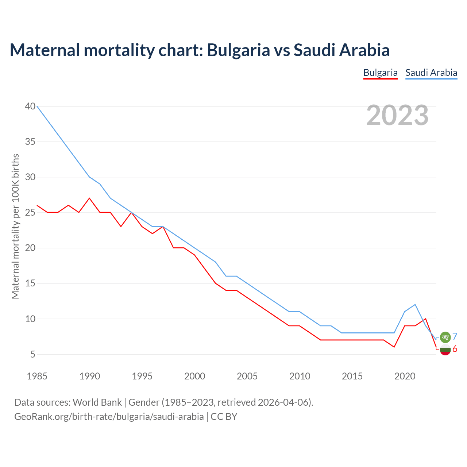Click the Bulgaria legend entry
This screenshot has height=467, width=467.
(x=380, y=73)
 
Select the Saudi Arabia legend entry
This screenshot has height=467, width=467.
(x=431, y=73)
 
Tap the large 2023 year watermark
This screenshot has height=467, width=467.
(x=397, y=115)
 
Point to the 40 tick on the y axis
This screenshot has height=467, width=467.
(x=30, y=106)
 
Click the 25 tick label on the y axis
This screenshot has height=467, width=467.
(x=30, y=212)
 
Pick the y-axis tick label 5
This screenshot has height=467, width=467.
(x=33, y=354)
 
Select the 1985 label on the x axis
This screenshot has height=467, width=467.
(x=37, y=376)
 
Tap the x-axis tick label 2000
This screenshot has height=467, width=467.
(x=194, y=376)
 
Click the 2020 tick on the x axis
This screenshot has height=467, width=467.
(x=405, y=376)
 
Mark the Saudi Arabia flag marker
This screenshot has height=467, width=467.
(x=445, y=337)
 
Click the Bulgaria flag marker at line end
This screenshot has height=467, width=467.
(x=445, y=350)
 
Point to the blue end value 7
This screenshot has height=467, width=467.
(x=455, y=336)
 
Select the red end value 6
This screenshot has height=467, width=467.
(x=455, y=349)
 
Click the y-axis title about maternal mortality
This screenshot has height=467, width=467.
(x=15, y=226)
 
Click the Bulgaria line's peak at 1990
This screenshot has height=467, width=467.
(x=89, y=198)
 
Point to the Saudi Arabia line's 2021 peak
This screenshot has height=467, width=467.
(x=415, y=304)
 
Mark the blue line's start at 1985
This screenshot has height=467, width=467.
(x=37, y=106)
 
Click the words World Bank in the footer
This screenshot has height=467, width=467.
(x=97, y=402)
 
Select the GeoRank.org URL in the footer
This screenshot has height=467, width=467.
(x=109, y=417)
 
